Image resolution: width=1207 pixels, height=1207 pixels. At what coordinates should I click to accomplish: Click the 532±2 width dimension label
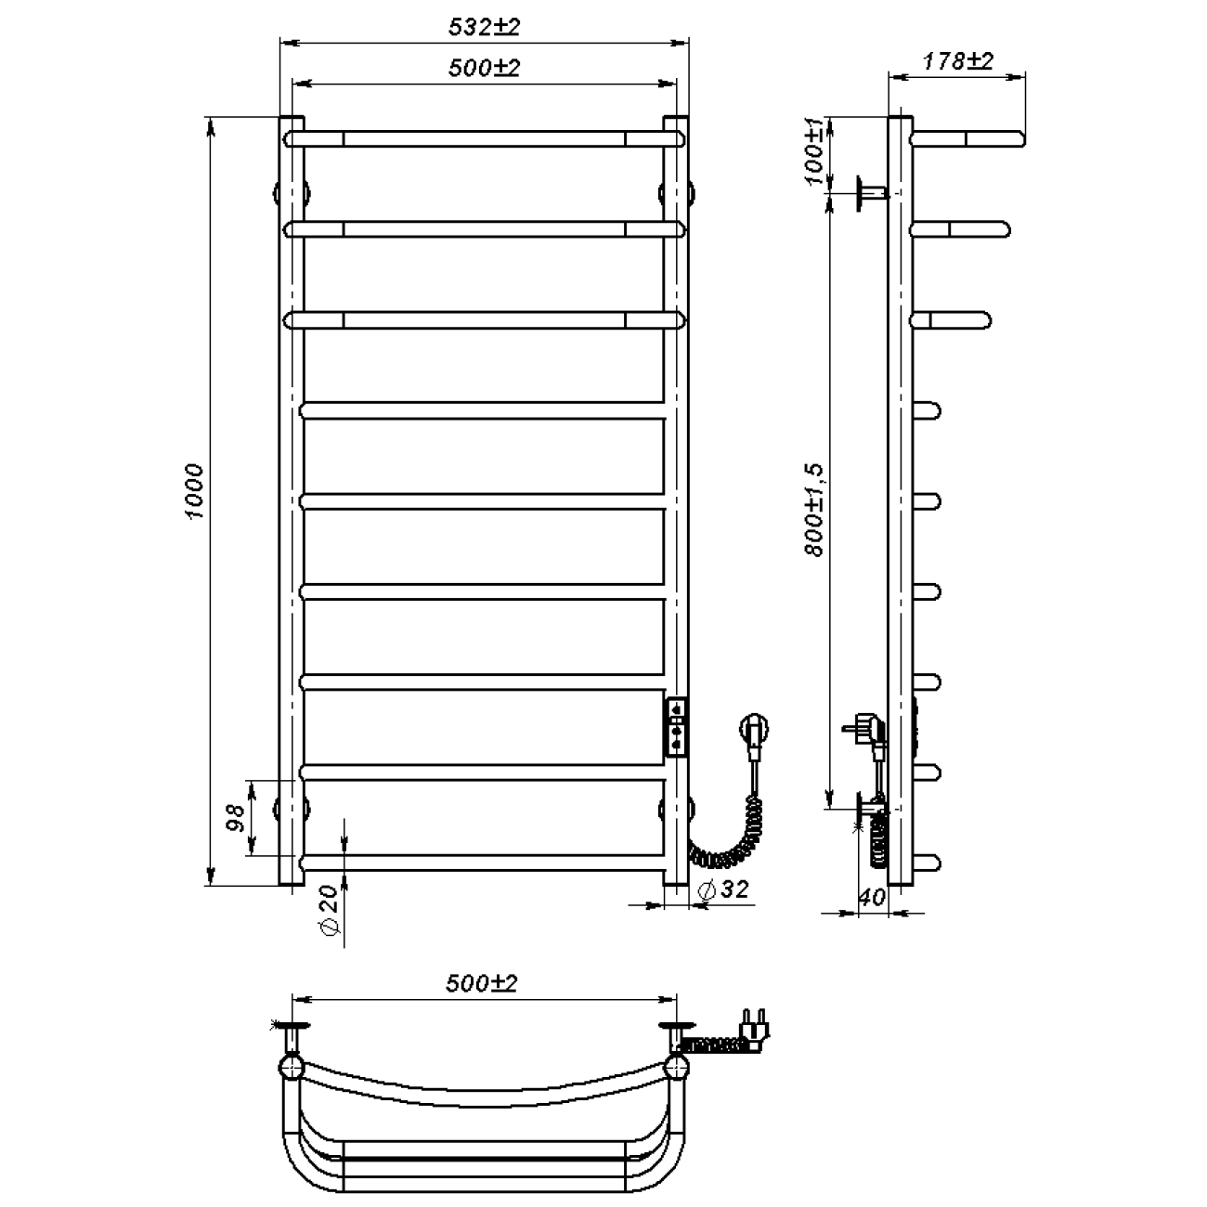(x=484, y=27)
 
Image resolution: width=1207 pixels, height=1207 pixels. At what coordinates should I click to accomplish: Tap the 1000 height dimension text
(x=195, y=491)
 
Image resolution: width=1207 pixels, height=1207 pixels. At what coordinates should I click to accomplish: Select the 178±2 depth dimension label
(x=957, y=60)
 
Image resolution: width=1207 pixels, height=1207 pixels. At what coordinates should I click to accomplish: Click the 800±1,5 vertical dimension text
(x=815, y=510)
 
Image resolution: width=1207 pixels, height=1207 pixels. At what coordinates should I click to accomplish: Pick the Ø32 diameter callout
(x=722, y=889)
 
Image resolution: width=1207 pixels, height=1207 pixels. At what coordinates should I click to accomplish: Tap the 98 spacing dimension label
(x=235, y=817)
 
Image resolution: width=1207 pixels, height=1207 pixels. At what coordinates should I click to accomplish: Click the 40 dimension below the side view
(x=872, y=898)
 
